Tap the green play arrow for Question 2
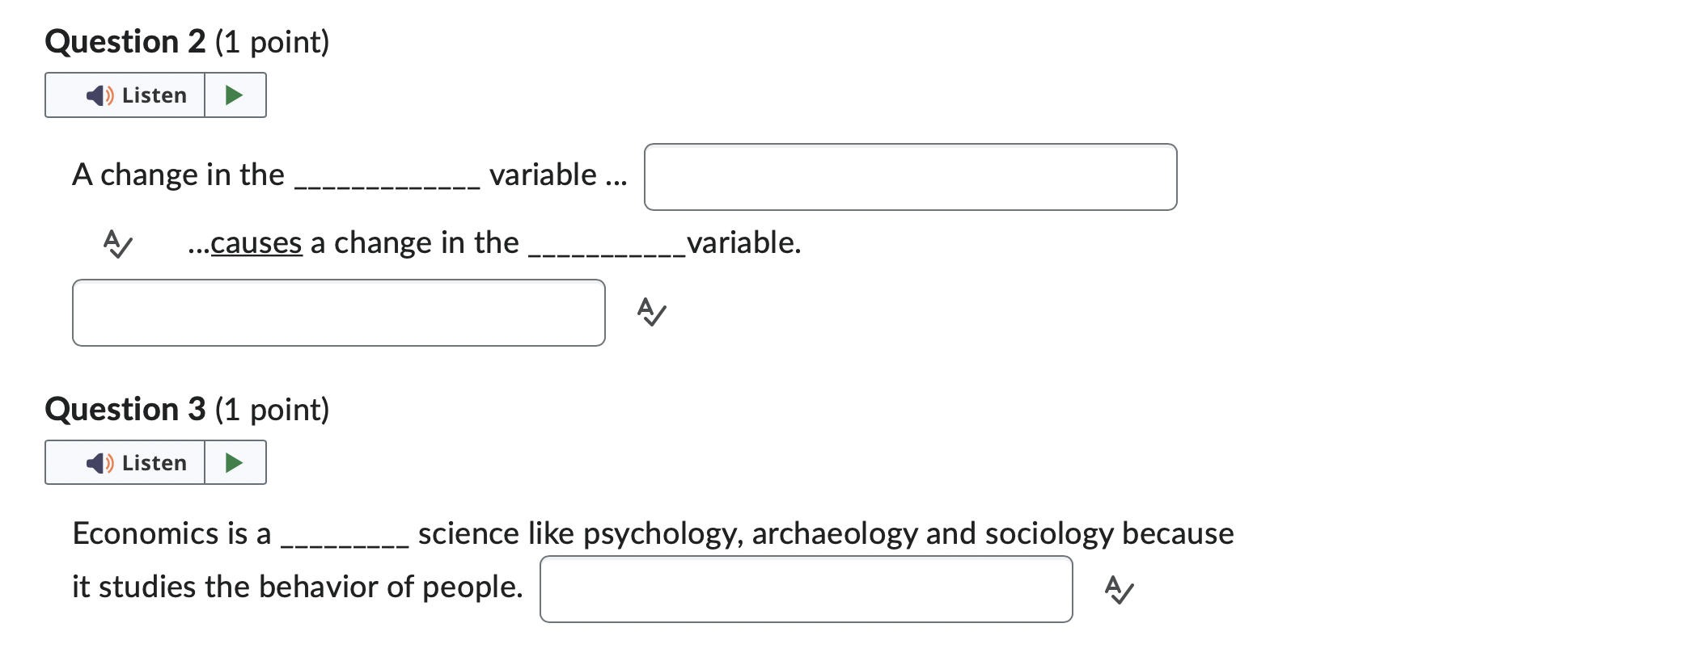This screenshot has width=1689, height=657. (x=235, y=95)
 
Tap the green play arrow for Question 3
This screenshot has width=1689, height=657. (x=235, y=463)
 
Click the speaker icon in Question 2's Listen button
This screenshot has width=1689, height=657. (x=99, y=95)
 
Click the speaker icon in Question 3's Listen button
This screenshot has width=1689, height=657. (x=99, y=463)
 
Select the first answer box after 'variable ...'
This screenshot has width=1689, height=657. (x=910, y=177)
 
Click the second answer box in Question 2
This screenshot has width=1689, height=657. (x=338, y=313)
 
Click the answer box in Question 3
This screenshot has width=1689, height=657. (x=806, y=589)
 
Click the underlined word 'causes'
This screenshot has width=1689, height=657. (x=256, y=243)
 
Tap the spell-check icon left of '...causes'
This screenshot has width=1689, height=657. (x=118, y=243)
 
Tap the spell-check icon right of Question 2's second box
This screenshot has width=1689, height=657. (x=652, y=312)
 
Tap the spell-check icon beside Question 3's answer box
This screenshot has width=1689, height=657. (x=1120, y=590)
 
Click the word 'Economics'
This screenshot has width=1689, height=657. (x=146, y=534)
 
